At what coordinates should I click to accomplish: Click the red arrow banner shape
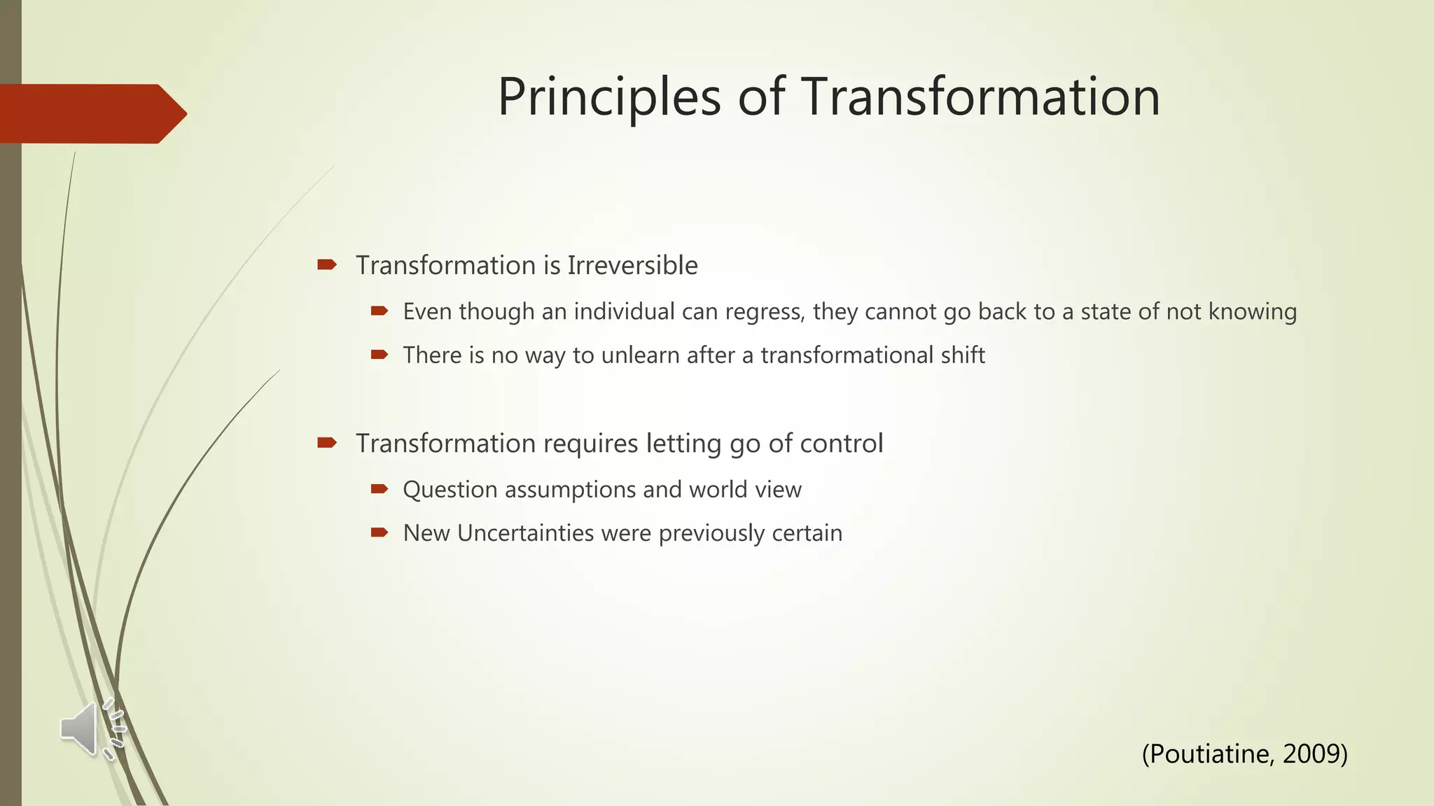(x=91, y=114)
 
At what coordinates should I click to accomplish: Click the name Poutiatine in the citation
(x=1211, y=754)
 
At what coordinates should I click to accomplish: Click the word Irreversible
(x=632, y=266)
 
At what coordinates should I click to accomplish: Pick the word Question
(x=450, y=490)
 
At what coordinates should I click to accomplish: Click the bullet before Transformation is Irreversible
(x=327, y=264)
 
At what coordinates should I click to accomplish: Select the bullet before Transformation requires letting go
(x=327, y=442)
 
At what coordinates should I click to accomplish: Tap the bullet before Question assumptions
(x=380, y=489)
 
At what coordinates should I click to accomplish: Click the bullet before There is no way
(x=380, y=355)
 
